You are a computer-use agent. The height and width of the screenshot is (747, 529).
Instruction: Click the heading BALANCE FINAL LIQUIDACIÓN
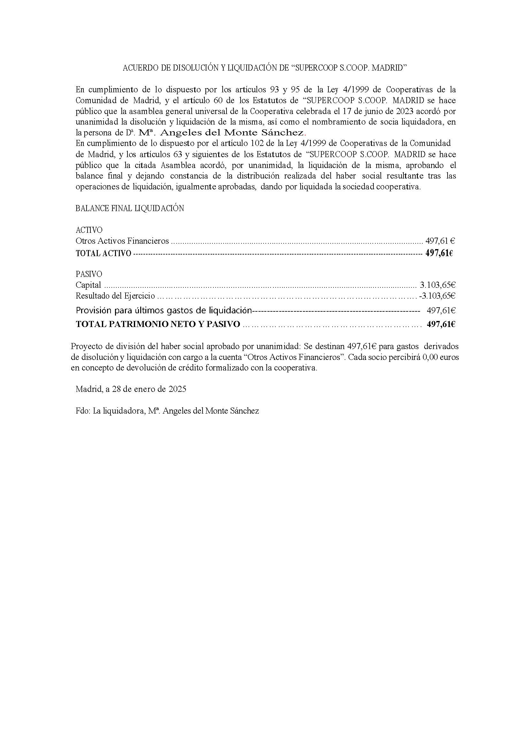coord(130,209)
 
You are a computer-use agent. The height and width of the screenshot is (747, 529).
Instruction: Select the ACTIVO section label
coord(89,230)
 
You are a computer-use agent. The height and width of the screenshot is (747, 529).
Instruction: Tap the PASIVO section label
coord(88,274)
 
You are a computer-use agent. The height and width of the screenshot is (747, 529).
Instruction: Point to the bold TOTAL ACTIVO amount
coord(439,253)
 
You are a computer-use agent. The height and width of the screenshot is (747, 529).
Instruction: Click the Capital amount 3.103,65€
coord(437,285)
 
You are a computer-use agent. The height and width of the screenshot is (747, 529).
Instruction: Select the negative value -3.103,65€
coord(437,296)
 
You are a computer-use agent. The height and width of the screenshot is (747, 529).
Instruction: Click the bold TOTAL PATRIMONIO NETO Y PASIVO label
coord(158,324)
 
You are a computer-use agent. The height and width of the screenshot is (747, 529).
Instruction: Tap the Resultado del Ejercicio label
coord(115,296)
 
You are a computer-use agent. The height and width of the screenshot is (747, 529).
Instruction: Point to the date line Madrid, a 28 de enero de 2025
coord(131,389)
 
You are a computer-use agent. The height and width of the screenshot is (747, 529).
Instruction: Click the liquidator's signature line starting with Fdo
coord(167,411)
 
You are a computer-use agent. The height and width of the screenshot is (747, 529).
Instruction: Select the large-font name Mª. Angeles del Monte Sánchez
coord(221,133)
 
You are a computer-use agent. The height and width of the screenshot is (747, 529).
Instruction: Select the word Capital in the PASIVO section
coord(88,285)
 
